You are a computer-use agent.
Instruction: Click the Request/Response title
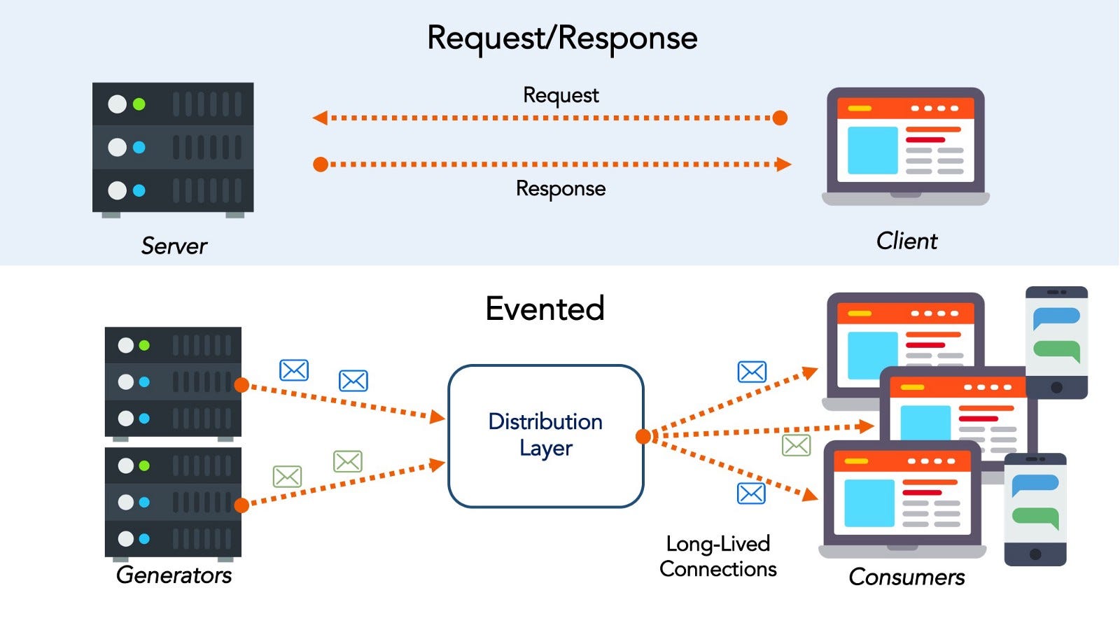(562, 38)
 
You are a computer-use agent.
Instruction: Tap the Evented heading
(545, 309)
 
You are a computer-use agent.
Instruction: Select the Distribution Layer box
(545, 435)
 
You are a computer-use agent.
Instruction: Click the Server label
(174, 246)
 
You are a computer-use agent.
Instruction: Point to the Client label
(906, 241)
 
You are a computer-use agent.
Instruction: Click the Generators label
(174, 575)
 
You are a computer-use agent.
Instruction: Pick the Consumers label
(906, 577)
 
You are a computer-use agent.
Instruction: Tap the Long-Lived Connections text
(718, 556)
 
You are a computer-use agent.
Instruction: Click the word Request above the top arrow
(561, 95)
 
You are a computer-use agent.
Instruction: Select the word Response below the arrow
(561, 189)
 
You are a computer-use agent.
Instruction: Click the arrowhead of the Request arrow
(321, 118)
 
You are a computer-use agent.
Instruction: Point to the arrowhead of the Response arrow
(783, 164)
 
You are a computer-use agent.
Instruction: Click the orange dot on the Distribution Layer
(643, 437)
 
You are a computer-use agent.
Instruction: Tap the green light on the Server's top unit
(139, 104)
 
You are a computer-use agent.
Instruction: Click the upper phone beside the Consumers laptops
(1056, 342)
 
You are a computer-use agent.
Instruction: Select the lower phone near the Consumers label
(1035, 510)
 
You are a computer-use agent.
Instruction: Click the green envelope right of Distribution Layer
(796, 445)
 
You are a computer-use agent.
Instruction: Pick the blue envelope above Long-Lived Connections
(751, 493)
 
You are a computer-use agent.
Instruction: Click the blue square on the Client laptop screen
(872, 150)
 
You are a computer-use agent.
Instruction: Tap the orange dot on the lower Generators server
(241, 505)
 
